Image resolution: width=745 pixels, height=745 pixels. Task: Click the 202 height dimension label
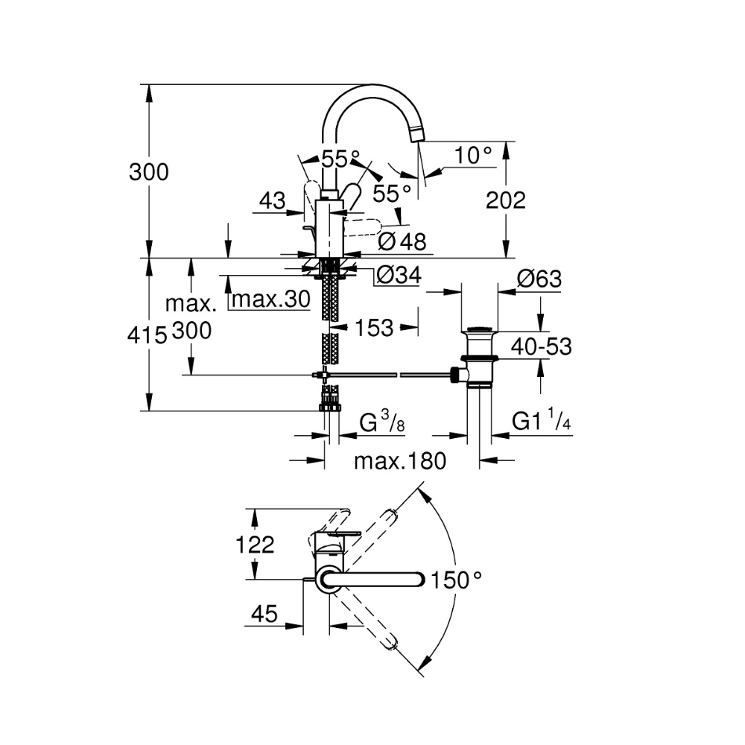(506, 200)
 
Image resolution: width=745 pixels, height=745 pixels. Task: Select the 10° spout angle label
(474, 156)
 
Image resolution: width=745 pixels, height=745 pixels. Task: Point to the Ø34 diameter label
(399, 276)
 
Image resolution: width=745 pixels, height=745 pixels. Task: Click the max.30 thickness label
(269, 299)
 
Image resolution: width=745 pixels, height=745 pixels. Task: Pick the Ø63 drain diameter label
(539, 279)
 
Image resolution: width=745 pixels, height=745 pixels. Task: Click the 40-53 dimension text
(541, 346)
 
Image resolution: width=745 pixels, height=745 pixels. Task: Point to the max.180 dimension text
(399, 461)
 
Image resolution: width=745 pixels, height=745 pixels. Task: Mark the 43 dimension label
(273, 200)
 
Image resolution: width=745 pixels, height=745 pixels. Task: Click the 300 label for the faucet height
(149, 172)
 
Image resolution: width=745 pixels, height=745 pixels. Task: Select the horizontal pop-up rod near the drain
(387, 375)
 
